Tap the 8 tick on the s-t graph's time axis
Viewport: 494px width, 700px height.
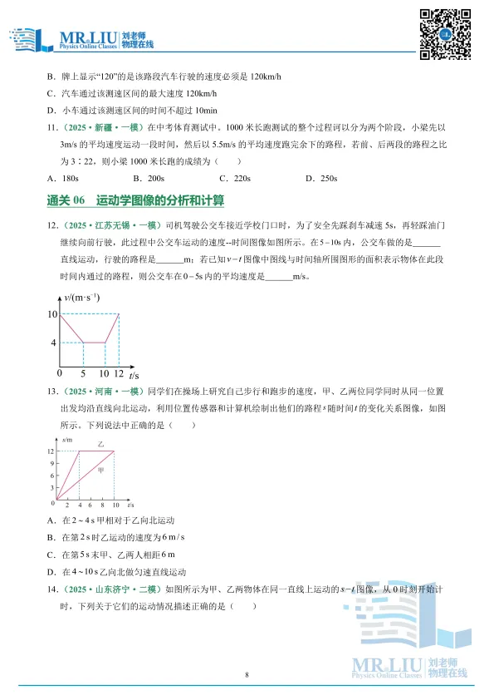coord(103,505)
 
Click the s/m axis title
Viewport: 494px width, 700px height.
coord(66,438)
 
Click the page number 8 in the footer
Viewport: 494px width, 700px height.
coord(247,674)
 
